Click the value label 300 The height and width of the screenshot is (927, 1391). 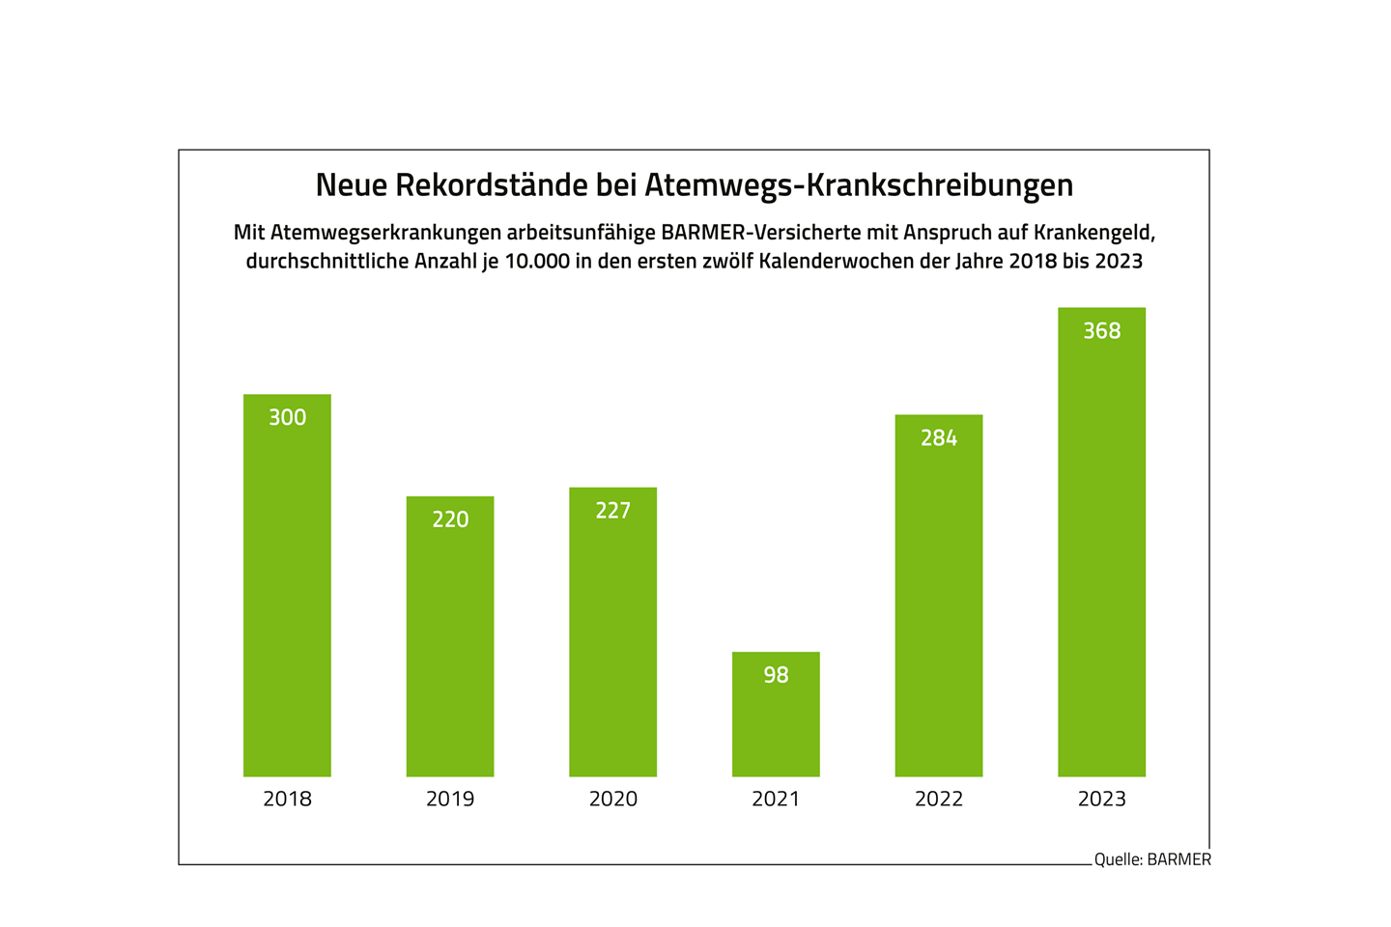point(287,417)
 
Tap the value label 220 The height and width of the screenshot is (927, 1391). point(450,520)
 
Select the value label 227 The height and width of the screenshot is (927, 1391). point(612,511)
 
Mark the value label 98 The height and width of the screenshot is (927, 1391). point(776,675)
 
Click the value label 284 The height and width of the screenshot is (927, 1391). point(939,438)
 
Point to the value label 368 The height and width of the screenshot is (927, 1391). point(1101,331)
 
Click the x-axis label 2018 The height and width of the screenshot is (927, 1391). point(287,799)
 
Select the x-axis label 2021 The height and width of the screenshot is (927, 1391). point(776,799)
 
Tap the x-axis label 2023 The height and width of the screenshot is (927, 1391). point(1101,799)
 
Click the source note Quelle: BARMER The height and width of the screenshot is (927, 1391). point(1151,859)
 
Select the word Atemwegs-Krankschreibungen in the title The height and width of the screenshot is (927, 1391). point(858,184)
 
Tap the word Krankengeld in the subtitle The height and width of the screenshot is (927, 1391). point(1093,233)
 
